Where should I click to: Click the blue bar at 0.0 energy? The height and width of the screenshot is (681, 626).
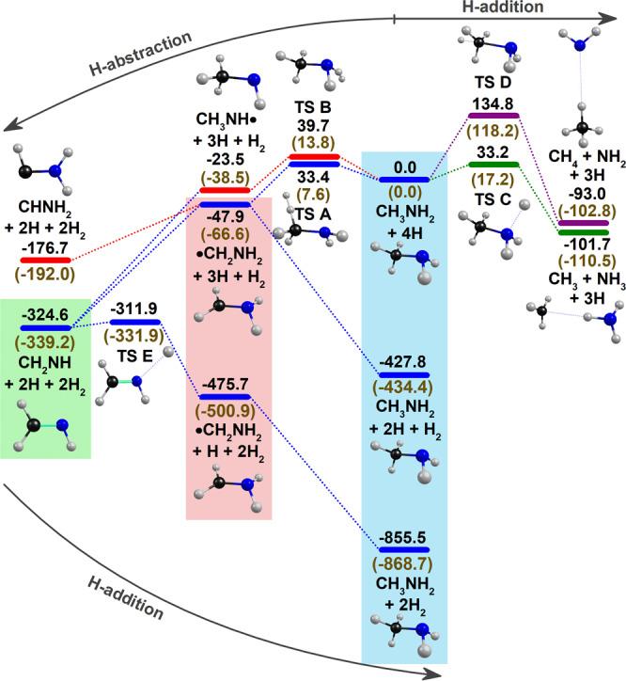coord(405,177)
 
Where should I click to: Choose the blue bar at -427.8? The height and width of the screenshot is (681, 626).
coord(404,374)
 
